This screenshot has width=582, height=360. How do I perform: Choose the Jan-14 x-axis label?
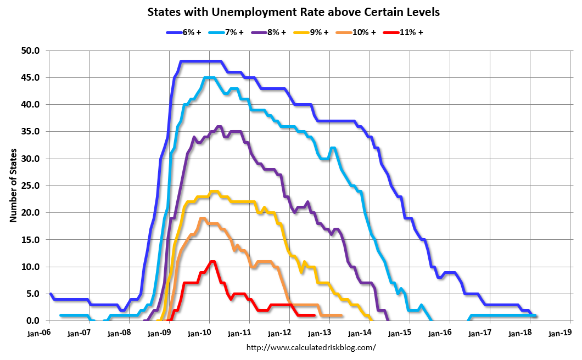click(x=361, y=333)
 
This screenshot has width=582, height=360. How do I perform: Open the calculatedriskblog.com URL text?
click(x=311, y=347)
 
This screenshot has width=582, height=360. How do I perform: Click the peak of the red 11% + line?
click(x=212, y=261)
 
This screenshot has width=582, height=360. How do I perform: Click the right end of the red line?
click(x=314, y=315)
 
